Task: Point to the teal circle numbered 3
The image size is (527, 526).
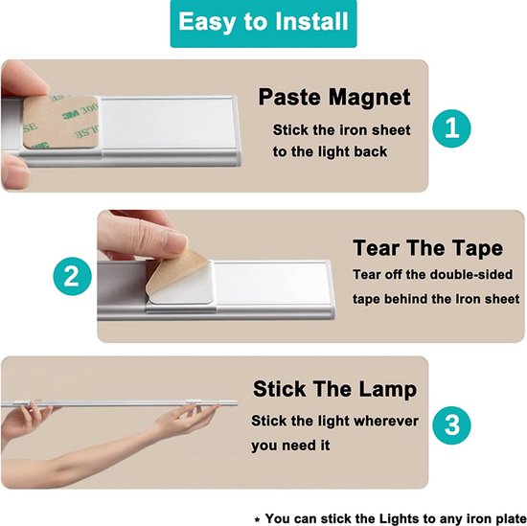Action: [x=452, y=422]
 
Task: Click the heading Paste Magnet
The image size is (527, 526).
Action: [x=334, y=98]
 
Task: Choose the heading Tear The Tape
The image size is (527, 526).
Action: [x=427, y=248]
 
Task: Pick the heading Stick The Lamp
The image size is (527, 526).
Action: [x=334, y=389]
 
